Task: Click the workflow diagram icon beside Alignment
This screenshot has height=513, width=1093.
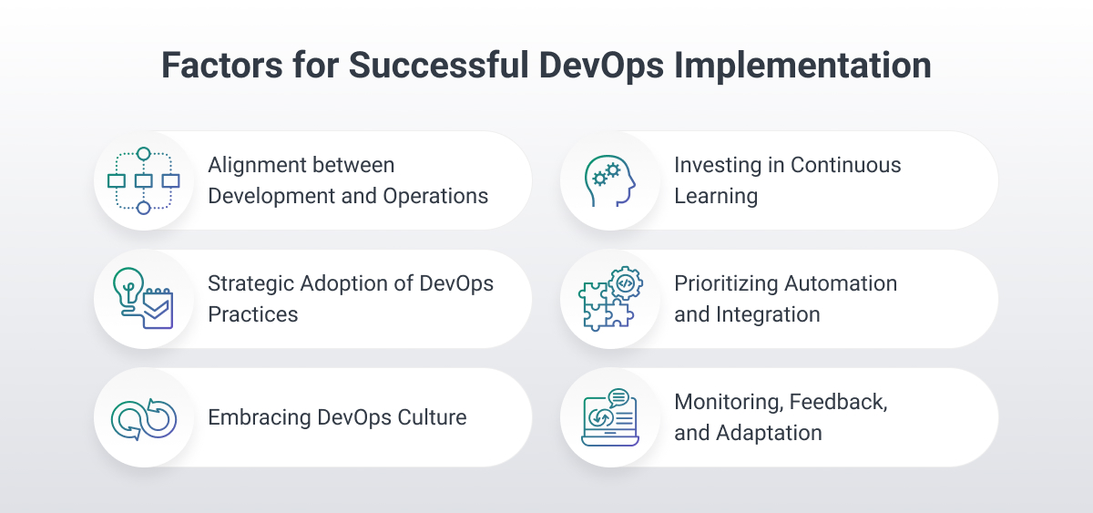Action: [143, 180]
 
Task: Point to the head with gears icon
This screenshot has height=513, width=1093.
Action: [609, 180]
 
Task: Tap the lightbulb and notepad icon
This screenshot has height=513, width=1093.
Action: [143, 299]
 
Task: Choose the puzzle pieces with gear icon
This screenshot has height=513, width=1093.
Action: [609, 299]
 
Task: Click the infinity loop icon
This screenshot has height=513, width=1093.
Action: [143, 418]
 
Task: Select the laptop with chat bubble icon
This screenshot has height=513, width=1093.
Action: [609, 418]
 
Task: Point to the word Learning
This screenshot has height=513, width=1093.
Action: [716, 196]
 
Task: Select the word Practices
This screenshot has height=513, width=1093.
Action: [252, 314]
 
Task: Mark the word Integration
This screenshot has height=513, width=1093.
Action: [768, 314]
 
